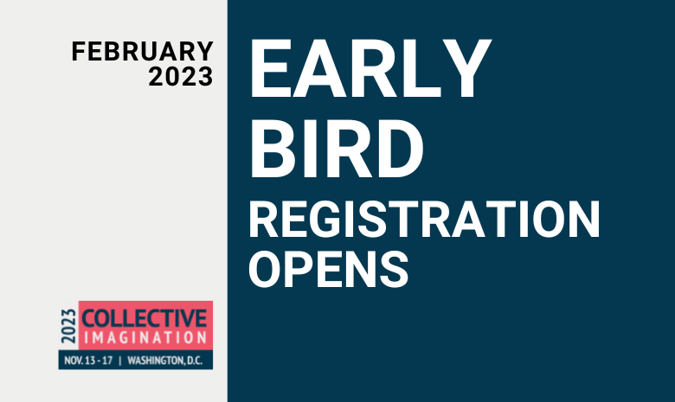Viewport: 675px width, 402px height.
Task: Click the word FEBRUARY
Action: [x=143, y=51]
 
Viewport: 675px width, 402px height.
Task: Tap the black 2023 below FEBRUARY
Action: [x=181, y=77]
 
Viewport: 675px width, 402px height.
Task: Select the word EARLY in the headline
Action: [x=370, y=69]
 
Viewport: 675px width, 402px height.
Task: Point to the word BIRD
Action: [x=337, y=149]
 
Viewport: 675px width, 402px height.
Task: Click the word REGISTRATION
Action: [x=424, y=219]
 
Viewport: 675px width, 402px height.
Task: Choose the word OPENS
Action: [x=328, y=270]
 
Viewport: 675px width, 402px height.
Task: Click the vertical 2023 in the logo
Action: [x=68, y=326]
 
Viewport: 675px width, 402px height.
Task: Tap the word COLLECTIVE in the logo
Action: [x=145, y=319]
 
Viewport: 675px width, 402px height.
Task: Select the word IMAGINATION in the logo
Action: [x=145, y=337]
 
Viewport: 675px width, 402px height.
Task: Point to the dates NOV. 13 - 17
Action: [x=88, y=361]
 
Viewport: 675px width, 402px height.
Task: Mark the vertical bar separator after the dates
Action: [x=120, y=361]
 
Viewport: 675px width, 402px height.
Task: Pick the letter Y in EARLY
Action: [x=467, y=69]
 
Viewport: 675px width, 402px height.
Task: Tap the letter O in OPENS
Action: [x=264, y=270]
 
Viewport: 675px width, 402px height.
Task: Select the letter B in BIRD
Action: [x=273, y=149]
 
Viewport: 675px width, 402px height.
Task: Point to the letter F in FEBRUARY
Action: [x=79, y=51]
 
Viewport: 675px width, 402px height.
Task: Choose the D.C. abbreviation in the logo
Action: [x=195, y=361]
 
